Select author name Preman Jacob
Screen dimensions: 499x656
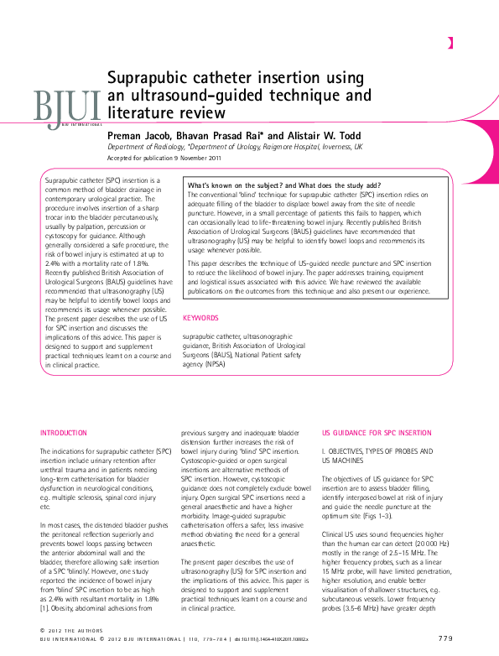tap(140, 134)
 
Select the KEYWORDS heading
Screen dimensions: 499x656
tap(200, 318)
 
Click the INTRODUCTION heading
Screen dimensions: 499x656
tap(64, 433)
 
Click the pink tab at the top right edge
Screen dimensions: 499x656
tap(450, 43)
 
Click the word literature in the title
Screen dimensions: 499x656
tap(143, 112)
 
